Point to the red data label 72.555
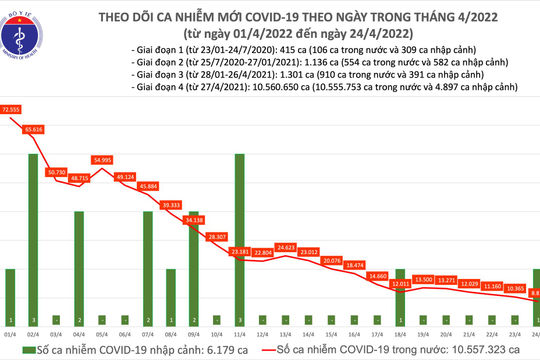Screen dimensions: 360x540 coord(13,107)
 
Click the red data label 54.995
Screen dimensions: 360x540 coord(103,159)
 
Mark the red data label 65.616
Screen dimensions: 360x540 coord(35,130)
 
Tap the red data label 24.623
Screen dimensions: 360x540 coord(286,246)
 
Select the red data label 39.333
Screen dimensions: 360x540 coord(170,204)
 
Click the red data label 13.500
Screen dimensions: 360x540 coord(423,279)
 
